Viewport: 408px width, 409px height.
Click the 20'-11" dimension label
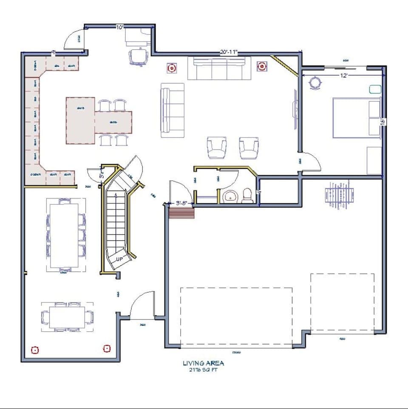click(x=229, y=52)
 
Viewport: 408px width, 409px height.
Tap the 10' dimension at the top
click(x=120, y=27)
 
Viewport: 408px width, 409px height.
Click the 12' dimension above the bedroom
click(x=344, y=75)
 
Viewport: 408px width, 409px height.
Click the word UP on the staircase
click(x=119, y=258)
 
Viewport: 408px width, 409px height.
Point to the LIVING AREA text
click(x=203, y=363)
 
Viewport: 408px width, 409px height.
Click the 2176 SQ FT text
click(x=203, y=370)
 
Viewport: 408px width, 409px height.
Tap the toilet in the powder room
click(x=246, y=196)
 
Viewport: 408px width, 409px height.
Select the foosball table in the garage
click(x=339, y=195)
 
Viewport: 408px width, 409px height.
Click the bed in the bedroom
click(x=356, y=118)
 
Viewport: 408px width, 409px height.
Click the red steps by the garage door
click(x=181, y=213)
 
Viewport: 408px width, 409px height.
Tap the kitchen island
click(x=80, y=120)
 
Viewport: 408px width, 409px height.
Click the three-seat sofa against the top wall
click(x=219, y=68)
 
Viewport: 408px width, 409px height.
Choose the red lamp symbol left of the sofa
click(x=172, y=68)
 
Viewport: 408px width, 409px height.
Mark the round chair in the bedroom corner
click(x=315, y=83)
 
